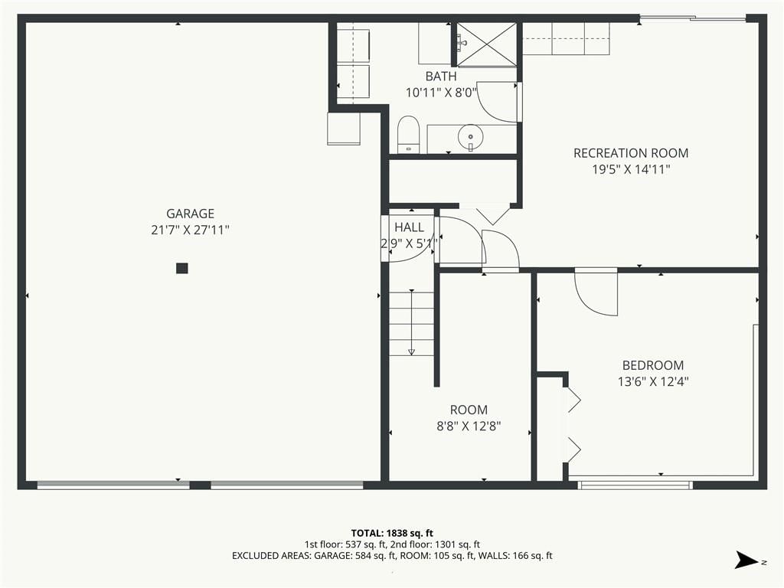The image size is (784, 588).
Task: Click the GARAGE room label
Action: pos(190,214)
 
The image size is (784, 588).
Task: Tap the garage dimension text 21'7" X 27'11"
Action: pos(190,230)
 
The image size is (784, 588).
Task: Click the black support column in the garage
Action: pos(182,268)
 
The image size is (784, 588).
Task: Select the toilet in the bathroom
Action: pos(409,135)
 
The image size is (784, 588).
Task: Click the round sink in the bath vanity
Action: pos(471,135)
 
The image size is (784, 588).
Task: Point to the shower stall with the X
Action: pos(487,44)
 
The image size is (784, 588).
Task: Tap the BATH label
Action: pos(440,76)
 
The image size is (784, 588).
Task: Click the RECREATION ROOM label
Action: pos(631,153)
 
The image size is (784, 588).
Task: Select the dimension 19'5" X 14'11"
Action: pos(631,169)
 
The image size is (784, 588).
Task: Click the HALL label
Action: pos(409,227)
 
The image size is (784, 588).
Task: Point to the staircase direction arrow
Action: pos(411,322)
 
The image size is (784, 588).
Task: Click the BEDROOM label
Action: pos(653,365)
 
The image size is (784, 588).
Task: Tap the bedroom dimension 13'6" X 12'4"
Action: pos(653,381)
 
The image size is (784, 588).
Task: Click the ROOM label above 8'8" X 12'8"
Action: pos(469,410)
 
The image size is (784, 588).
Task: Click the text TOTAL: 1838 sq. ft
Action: pos(392,533)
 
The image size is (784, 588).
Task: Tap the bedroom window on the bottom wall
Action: pos(635,485)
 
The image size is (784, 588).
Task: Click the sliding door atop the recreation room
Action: pos(692,19)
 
